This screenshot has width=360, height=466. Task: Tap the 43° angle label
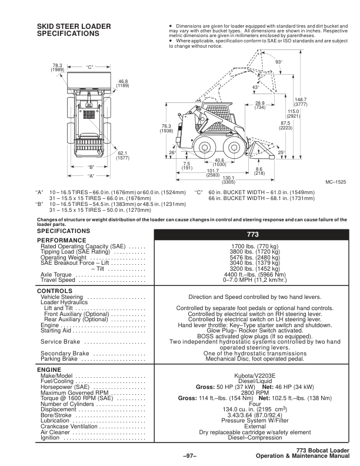(255, 88)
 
